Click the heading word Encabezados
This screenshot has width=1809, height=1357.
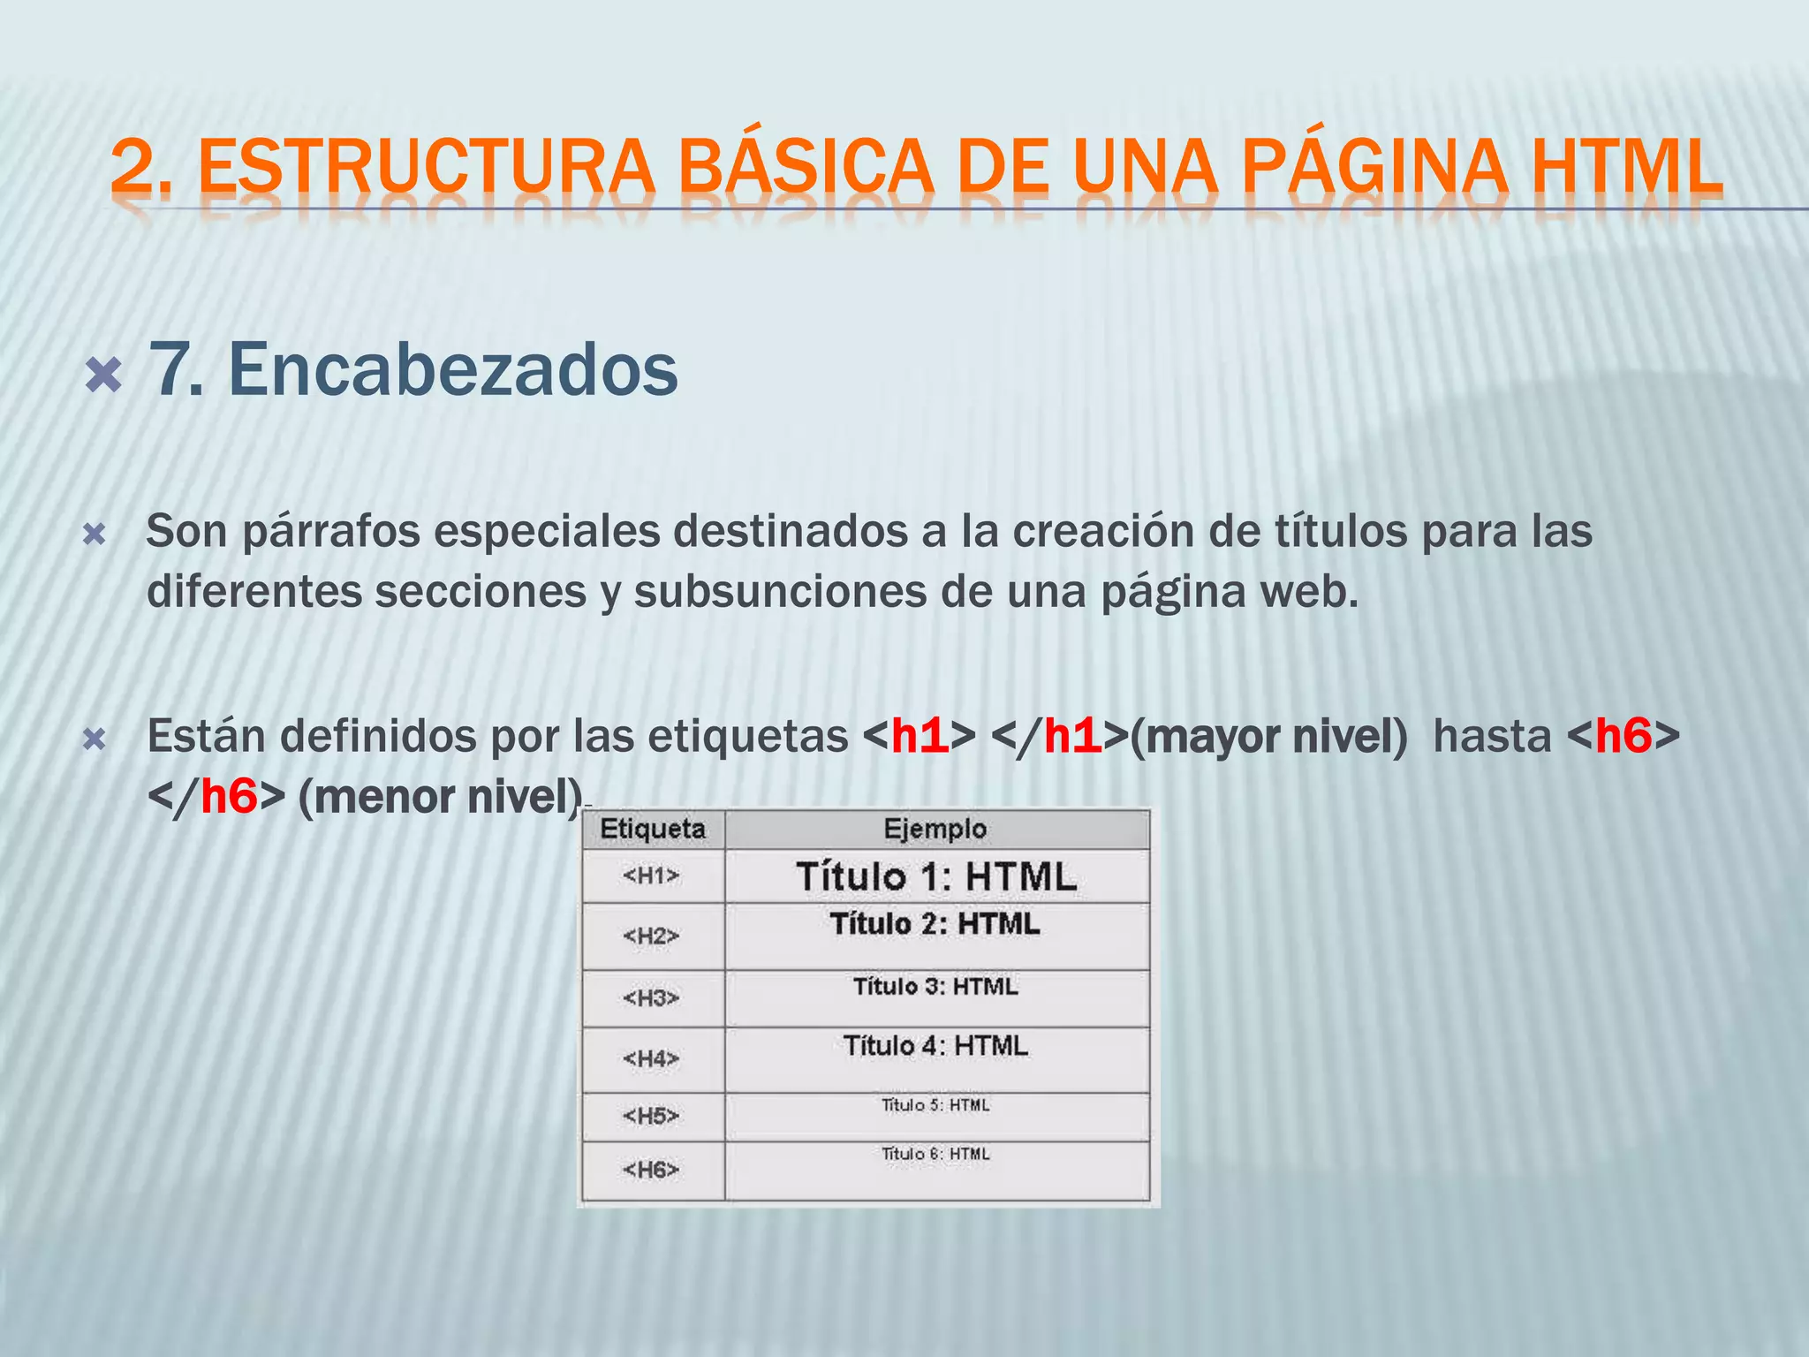[x=453, y=369]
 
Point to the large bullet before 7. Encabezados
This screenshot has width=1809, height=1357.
[x=103, y=376]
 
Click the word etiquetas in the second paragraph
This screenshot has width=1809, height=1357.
[x=748, y=736]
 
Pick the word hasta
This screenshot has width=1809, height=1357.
[x=1492, y=736]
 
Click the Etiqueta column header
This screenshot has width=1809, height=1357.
[x=653, y=829]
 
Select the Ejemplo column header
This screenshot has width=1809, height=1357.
[x=935, y=829]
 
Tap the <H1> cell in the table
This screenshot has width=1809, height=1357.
[x=652, y=876]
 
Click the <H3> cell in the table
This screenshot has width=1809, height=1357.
[x=652, y=998]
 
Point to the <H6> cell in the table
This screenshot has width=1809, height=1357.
[x=652, y=1170]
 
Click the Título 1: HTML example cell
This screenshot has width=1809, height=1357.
[x=936, y=876]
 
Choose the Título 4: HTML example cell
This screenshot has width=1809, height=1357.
[x=935, y=1046]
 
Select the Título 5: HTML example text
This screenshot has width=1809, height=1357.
[x=935, y=1105]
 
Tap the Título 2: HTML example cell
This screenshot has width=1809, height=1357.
[x=935, y=924]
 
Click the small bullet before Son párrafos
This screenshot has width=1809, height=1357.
[x=94, y=535]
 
